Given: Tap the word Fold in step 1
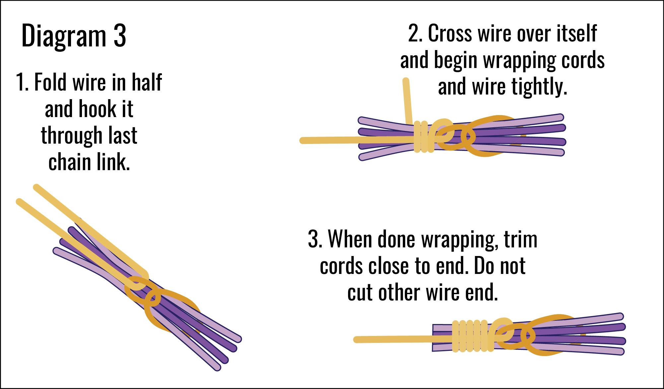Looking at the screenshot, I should tap(51, 83).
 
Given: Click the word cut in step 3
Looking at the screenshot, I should tap(360, 292).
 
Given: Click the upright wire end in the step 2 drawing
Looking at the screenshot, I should tap(407, 99).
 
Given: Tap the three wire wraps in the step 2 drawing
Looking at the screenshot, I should tap(423, 137).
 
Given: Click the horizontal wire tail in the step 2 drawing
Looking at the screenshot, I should tap(332, 141).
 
